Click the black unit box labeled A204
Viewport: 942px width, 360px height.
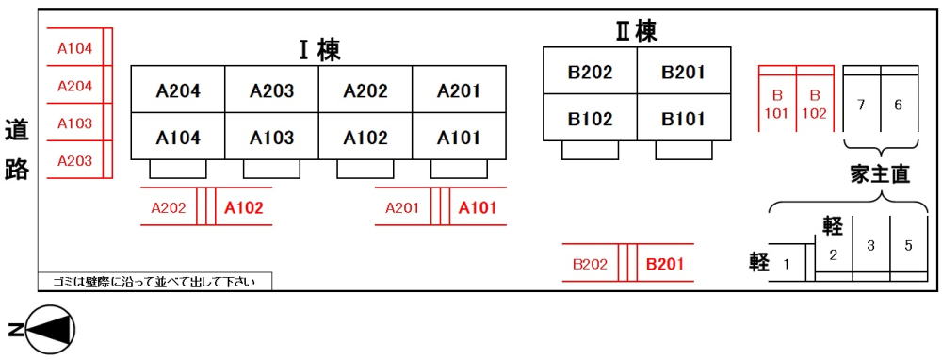point(177,90)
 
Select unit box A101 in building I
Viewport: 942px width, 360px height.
point(459,138)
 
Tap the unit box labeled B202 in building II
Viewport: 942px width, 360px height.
point(590,72)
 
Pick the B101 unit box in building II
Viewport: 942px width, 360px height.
point(683,119)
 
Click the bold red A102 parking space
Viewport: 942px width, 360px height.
point(244,208)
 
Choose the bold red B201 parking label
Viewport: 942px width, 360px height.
point(665,265)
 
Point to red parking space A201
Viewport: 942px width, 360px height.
point(402,208)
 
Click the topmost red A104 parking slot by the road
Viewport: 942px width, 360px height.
point(75,48)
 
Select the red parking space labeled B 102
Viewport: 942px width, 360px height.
point(815,105)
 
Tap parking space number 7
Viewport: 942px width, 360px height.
point(861,105)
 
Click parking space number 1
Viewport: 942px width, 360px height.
point(787,264)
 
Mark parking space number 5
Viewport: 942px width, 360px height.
point(908,246)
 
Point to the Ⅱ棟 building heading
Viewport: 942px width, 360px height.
point(636,31)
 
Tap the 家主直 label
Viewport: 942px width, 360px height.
point(879,173)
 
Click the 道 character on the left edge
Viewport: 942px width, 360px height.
point(16,130)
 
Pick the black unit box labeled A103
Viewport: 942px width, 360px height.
point(271,138)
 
